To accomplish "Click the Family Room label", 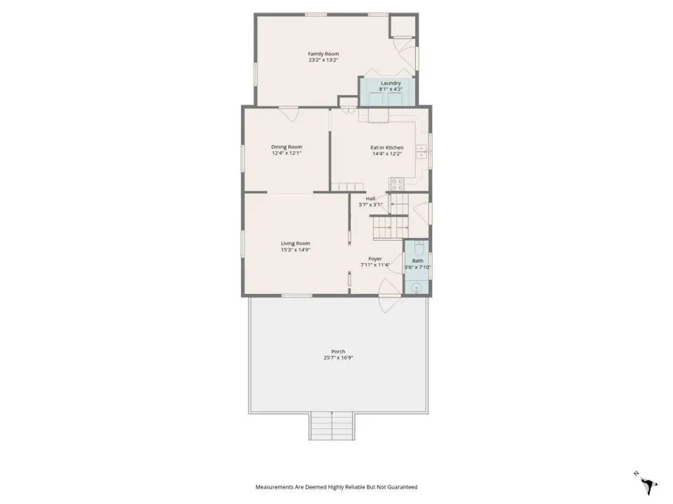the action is coord(323,54).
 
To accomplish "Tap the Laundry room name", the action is coord(390,83).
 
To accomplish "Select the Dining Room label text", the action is coord(286,147).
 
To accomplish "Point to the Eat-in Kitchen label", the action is coord(387,148).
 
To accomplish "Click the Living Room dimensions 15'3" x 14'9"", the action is coord(295,249).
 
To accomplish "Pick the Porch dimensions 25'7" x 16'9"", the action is coord(338,358).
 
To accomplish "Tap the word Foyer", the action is coord(375,259).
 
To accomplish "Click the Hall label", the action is coord(370,199).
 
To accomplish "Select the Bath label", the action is coord(417,260).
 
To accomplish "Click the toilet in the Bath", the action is coord(419,247).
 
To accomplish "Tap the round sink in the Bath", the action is coord(416,288).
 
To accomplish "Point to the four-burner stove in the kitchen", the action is coord(397,184).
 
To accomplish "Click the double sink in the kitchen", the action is coord(421,152).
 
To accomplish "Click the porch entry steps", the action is coord(332,426).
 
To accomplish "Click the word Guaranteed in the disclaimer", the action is coord(402,487).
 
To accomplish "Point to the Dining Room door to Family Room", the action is coord(288,113).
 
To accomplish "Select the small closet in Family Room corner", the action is coord(402,26).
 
